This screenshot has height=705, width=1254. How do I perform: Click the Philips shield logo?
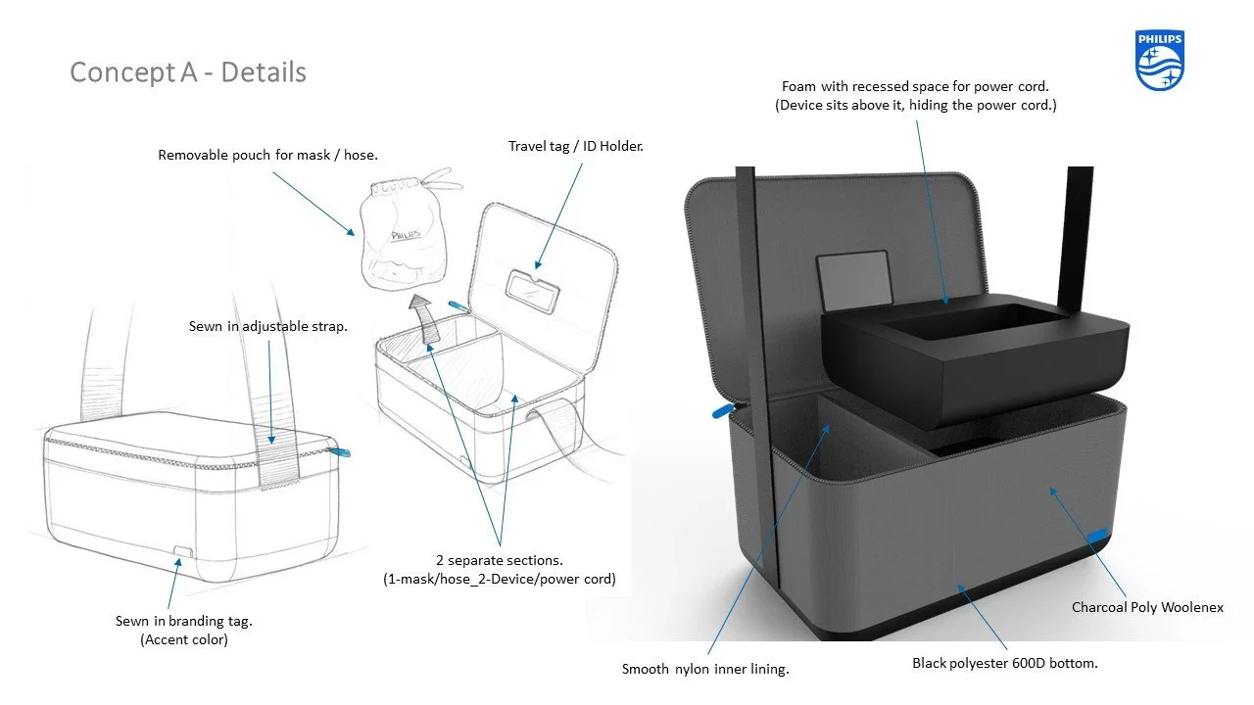coord(1160,61)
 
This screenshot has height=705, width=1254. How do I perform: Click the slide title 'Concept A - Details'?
coord(188,72)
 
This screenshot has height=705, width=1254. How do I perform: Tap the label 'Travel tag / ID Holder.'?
coord(575,146)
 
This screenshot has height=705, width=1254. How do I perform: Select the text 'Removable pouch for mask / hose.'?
coord(267,155)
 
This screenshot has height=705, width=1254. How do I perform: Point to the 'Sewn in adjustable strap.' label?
coord(267,326)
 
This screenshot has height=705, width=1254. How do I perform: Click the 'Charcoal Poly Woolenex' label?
coord(1147,607)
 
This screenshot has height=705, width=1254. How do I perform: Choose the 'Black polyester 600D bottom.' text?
coord(1004,663)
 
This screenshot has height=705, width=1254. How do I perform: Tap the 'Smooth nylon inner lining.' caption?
coord(705,669)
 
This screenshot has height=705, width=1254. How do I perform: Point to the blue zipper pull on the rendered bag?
coord(722,407)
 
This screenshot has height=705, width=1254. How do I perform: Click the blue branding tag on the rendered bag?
coord(1097,534)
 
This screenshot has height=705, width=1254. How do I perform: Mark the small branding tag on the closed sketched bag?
coord(181,552)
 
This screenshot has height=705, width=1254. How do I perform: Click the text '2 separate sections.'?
coord(500,560)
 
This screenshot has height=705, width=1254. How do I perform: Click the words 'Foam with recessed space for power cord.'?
coord(915,86)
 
